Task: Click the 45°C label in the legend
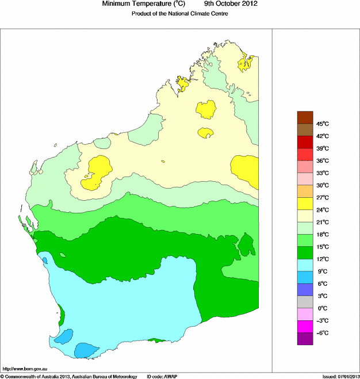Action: tap(321, 124)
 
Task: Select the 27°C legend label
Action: tap(321, 198)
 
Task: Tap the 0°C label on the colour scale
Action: tap(321, 309)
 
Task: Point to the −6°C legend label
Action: tap(321, 334)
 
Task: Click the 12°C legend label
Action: tap(321, 259)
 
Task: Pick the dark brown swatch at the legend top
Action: tap(305, 117)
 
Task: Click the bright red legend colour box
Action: tap(305, 154)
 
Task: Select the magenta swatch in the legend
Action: tap(305, 327)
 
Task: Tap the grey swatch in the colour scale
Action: tap(305, 302)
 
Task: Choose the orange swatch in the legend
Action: tap(305, 191)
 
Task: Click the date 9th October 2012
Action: tap(227, 4)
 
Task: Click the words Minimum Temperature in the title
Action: tap(137, 4)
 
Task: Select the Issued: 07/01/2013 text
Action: tap(340, 376)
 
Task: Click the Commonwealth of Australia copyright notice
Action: tap(69, 376)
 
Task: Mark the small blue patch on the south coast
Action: tap(86, 349)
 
